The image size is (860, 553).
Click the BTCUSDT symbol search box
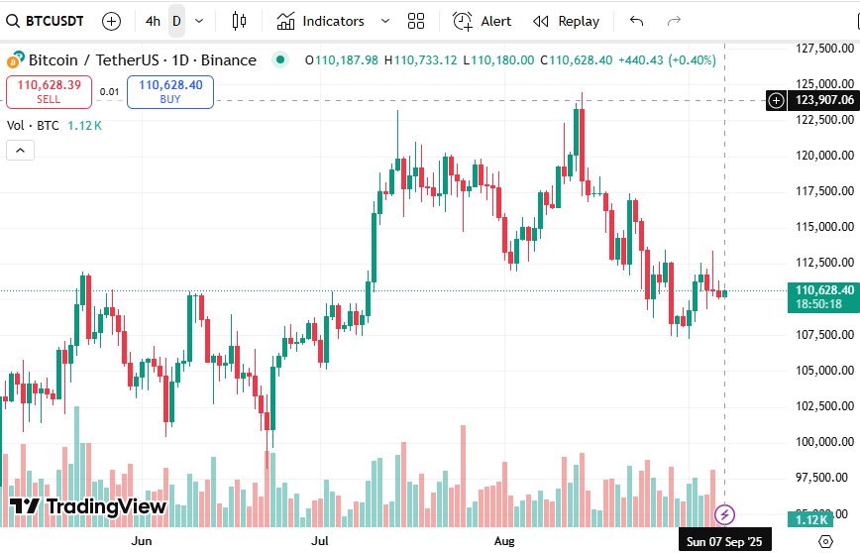pyautogui.click(x=47, y=21)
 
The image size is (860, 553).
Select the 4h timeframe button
pyautogui.click(x=153, y=21)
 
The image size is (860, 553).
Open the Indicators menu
pyautogui.click(x=321, y=21)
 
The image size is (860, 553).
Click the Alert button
pyautogui.click(x=483, y=21)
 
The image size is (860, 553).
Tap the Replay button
pyautogui.click(x=567, y=21)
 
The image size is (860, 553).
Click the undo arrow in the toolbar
pyautogui.click(x=636, y=21)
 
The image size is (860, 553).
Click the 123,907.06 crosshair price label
pyautogui.click(x=823, y=100)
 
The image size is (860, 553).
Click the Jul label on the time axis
pyautogui.click(x=320, y=541)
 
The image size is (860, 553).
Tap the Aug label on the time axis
pyautogui.click(x=504, y=541)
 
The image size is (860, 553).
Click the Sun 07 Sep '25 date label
pyautogui.click(x=724, y=541)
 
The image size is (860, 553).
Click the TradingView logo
pyautogui.click(x=89, y=506)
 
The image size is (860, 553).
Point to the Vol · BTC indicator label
pyautogui.click(x=34, y=126)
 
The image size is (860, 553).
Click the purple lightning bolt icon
pyautogui.click(x=725, y=513)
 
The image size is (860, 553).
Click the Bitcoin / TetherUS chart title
pyautogui.click(x=142, y=60)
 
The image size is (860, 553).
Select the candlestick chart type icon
pyautogui.click(x=239, y=21)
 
